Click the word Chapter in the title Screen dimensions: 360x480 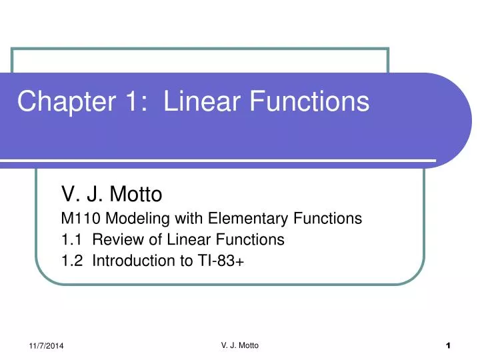(x=59, y=101)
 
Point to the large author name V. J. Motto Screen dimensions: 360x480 (x=111, y=195)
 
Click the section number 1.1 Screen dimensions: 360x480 (x=71, y=239)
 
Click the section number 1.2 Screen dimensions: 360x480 (x=71, y=261)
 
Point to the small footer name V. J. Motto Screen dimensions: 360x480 (x=239, y=344)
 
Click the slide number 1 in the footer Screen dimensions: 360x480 (x=449, y=345)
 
